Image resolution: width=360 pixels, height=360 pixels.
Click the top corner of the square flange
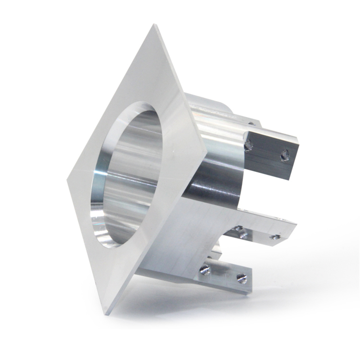tap(156, 25)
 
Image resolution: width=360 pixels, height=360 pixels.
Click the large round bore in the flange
tap(128, 175)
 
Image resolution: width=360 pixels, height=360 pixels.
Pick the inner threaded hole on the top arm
tap(248, 145)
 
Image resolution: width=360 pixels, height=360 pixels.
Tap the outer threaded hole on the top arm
tap(284, 156)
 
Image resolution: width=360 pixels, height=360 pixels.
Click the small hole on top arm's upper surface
tap(252, 123)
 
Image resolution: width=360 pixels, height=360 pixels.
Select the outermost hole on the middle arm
tap(275, 237)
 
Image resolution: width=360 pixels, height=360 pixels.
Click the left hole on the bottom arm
tap(205, 270)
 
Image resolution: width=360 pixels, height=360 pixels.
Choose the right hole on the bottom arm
tap(242, 279)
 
